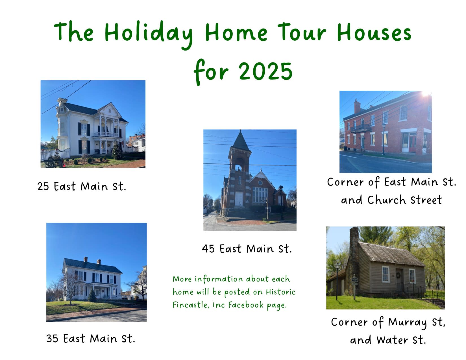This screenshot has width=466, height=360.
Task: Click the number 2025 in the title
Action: tap(265, 71)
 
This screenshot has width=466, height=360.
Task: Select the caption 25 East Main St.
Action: tap(82, 186)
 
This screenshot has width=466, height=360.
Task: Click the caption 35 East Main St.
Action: tap(90, 339)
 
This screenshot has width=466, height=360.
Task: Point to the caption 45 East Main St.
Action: tap(247, 249)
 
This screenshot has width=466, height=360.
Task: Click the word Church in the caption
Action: tap(387, 200)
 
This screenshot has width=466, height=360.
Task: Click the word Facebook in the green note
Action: tap(246, 305)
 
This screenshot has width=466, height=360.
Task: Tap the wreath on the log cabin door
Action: tap(398, 275)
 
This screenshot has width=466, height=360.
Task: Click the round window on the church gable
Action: tap(260, 183)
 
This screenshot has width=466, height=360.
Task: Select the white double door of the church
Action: tap(239, 199)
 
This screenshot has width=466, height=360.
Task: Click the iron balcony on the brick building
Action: tap(361, 128)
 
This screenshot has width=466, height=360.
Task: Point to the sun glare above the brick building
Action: tap(426, 94)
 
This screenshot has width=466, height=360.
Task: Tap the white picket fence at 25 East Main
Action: tap(55, 154)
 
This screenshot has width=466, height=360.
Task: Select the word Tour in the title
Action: tap(302, 32)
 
